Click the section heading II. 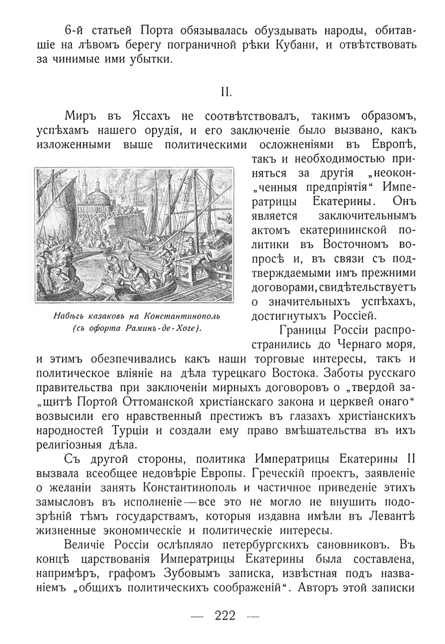tap(225, 91)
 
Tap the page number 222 tap(225, 615)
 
